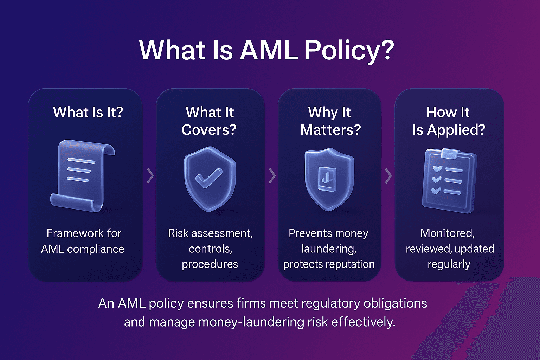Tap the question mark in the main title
pyautogui.click(x=387, y=50)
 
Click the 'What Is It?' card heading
pyautogui.click(x=88, y=112)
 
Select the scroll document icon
pyautogui.click(x=83, y=176)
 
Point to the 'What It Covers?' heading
pyautogui.click(x=210, y=121)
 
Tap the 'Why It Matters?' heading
pyautogui.click(x=330, y=121)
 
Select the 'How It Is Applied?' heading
pyautogui.click(x=448, y=121)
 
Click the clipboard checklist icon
pyautogui.click(x=449, y=181)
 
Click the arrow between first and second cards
pyautogui.click(x=150, y=176)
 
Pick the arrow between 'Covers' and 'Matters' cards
pyautogui.click(x=272, y=176)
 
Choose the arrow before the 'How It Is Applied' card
pyautogui.click(x=388, y=176)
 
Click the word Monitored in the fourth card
pyautogui.click(x=447, y=233)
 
